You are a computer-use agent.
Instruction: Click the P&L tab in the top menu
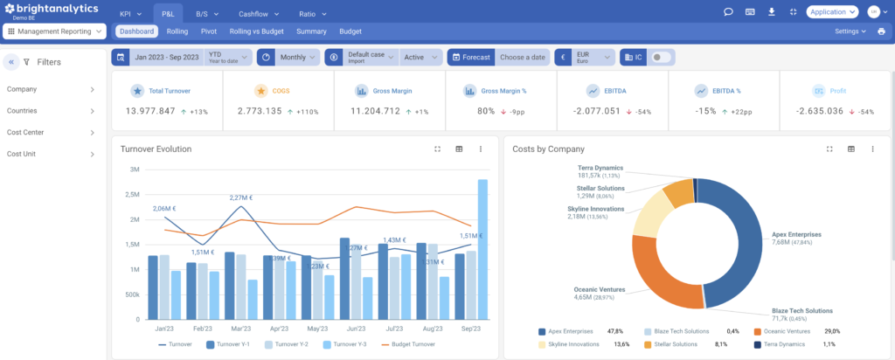169,13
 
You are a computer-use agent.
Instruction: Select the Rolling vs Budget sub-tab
255,31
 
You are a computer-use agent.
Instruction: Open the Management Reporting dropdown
55,31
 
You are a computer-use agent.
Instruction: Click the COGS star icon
260,90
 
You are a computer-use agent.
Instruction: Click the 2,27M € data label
242,197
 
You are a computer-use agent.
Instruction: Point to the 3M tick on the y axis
135,170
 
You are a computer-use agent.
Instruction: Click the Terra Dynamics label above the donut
600,168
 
